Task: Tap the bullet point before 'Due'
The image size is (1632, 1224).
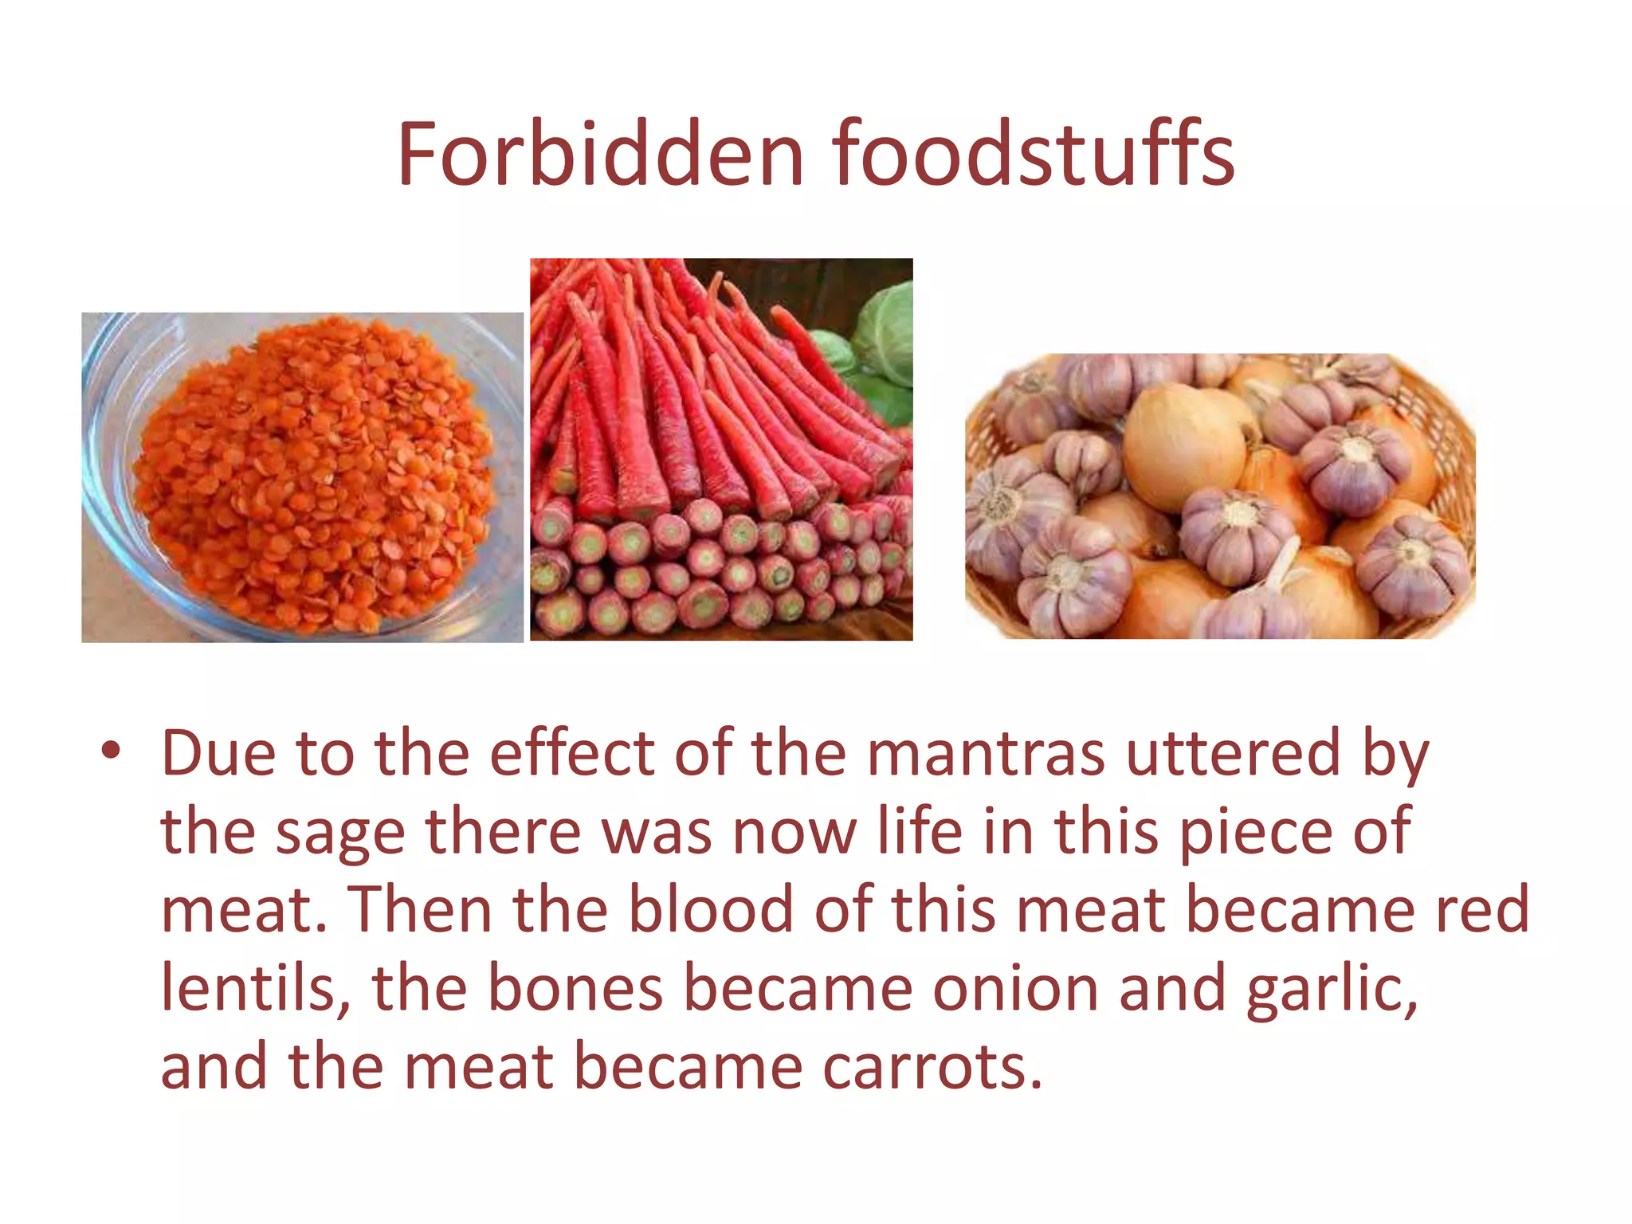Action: coord(111,751)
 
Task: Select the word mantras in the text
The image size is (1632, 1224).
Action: coord(986,753)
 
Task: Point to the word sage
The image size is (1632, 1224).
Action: coord(339,833)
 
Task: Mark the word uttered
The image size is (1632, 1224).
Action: coord(1233,753)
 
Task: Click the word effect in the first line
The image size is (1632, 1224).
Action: coord(571,753)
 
